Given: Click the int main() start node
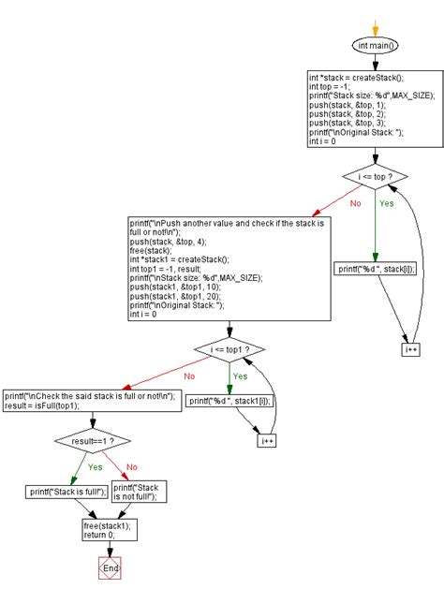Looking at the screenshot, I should [x=375, y=45].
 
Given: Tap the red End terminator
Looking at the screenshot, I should [x=111, y=567].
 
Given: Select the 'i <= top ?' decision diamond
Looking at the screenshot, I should [x=375, y=176].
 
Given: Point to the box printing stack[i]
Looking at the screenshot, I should [x=375, y=269].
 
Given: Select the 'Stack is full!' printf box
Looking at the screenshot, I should [x=66, y=492].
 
